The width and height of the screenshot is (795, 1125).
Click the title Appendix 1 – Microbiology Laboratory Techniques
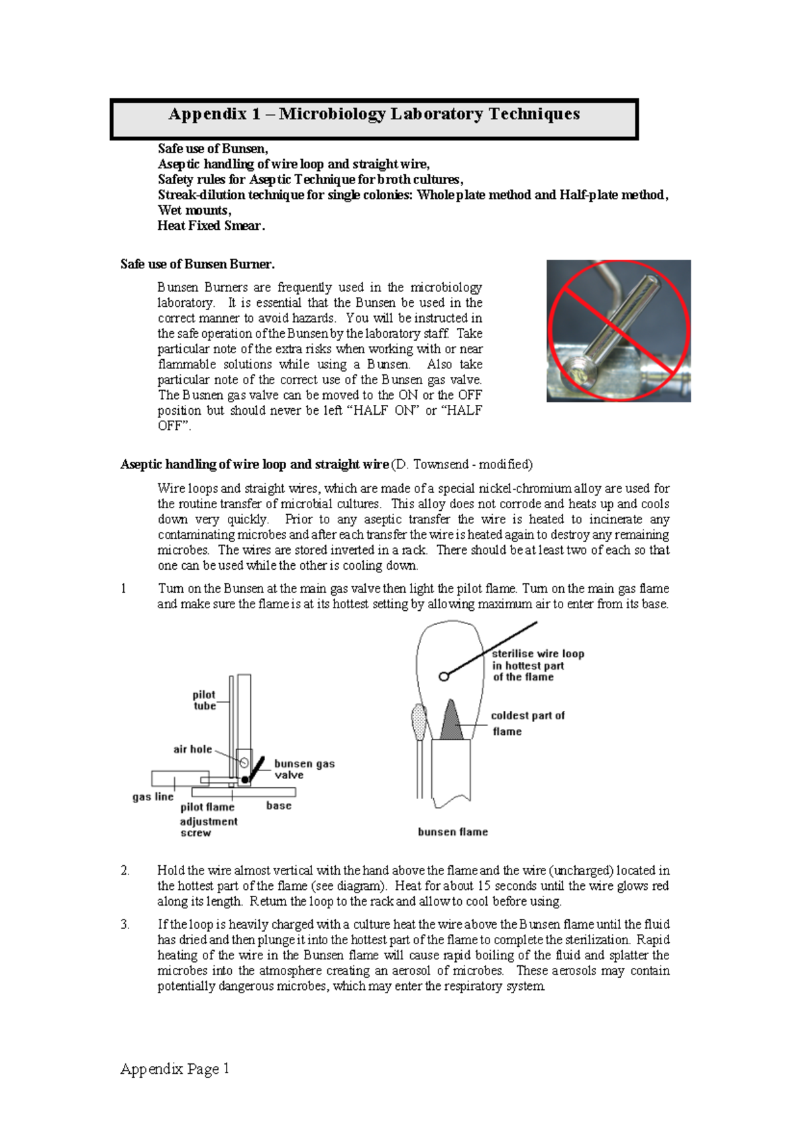coord(374,114)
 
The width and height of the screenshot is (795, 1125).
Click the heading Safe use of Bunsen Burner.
coord(197,264)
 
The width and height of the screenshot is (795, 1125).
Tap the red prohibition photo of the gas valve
coord(618,331)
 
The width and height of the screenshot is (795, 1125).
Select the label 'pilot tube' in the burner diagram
coord(204,700)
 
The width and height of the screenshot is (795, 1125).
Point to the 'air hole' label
coord(193,749)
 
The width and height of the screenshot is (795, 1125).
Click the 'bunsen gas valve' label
coord(304,769)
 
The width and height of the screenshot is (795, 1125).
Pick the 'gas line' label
coord(153,797)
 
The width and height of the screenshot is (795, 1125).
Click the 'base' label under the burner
coord(279,806)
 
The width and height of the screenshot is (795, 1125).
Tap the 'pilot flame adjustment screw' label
coord(208,820)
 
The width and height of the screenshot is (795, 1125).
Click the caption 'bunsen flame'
coord(452,832)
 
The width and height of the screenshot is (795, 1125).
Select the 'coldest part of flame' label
coord(527,723)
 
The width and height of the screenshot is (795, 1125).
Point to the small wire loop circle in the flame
coord(444,676)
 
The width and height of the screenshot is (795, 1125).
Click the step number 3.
coord(125,924)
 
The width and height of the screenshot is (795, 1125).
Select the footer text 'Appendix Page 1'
coord(175,1069)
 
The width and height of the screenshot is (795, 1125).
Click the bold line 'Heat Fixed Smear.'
coord(211,226)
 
